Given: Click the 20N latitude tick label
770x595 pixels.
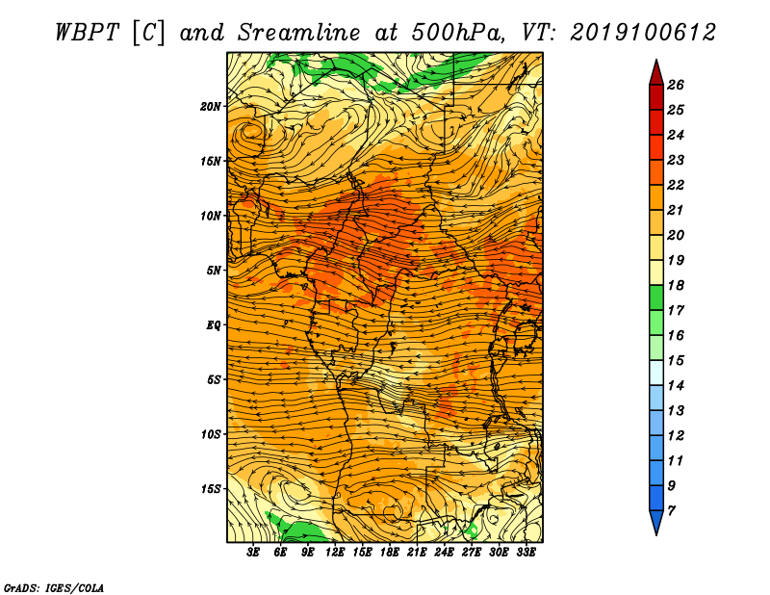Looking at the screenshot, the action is pos(210,107).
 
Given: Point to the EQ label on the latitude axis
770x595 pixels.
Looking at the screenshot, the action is pos(213,325).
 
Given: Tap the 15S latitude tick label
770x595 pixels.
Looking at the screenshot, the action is pos(210,489).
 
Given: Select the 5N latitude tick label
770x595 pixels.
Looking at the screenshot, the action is pos(213,271).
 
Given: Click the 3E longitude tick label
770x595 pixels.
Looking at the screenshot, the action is pos(253,553).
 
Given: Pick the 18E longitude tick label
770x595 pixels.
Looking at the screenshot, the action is pos(390,553).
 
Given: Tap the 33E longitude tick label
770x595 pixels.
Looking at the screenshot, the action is pos(526,553).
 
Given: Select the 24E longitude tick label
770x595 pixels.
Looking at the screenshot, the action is pos(444,553).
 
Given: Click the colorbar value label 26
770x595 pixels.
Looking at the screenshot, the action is pos(676,85).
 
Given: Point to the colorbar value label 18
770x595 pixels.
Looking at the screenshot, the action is pos(676,285).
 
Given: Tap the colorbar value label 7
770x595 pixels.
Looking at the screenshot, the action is pos(671,510).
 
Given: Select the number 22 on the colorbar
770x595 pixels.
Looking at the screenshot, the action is pos(676,185).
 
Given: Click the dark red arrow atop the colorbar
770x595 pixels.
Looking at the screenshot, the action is pos(656,73).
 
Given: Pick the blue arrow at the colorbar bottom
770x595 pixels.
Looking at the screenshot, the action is pos(656,522).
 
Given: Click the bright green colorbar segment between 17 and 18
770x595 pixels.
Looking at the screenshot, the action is pos(656,297).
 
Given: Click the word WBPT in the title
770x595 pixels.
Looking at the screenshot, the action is pos(87,33).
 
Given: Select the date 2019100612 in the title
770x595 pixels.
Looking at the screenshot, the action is pos(643,33).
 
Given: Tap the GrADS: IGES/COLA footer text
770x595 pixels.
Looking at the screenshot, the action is pos(54,587).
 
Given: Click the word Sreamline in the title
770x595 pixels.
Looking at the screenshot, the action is pos(299,33).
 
